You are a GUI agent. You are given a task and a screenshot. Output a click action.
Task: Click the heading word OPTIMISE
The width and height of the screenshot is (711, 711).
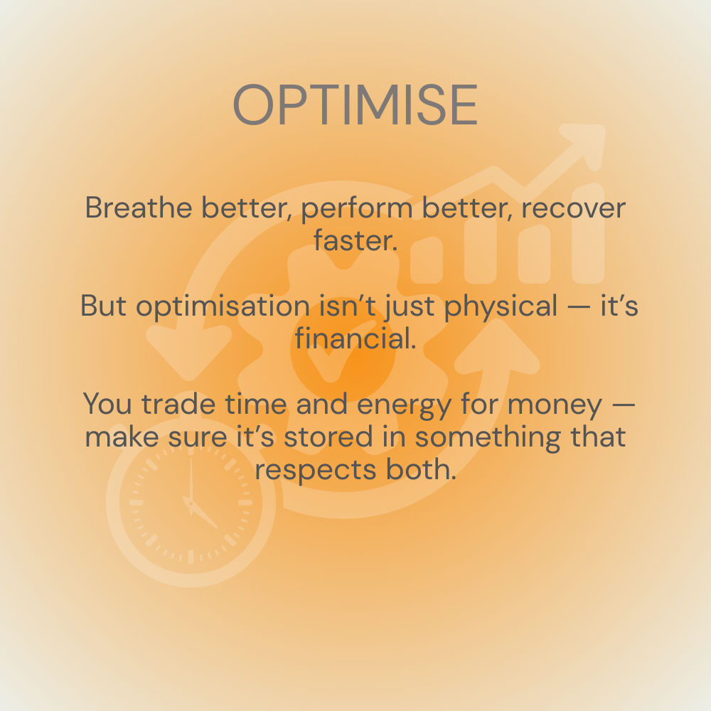355,105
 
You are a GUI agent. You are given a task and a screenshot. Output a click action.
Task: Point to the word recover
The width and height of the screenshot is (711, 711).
574,208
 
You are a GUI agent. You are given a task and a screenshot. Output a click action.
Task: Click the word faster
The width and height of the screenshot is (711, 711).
355,240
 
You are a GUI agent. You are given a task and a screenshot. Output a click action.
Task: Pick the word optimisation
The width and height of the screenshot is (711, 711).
223,306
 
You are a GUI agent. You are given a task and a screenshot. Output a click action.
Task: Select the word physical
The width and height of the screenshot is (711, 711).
501,306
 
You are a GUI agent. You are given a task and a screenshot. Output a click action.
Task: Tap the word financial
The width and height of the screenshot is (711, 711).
355,338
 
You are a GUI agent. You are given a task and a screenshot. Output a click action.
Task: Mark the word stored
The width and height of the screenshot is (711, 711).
328,437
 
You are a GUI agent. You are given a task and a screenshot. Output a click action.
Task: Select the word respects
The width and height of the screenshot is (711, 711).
315,471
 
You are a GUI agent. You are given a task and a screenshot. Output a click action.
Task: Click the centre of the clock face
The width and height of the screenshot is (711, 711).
191,503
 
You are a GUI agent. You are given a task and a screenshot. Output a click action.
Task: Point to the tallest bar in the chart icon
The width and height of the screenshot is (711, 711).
588,233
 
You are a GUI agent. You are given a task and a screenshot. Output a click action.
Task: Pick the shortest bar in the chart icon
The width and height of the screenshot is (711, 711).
426,260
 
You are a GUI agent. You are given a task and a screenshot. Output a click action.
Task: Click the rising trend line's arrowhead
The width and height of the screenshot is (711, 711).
584,144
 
